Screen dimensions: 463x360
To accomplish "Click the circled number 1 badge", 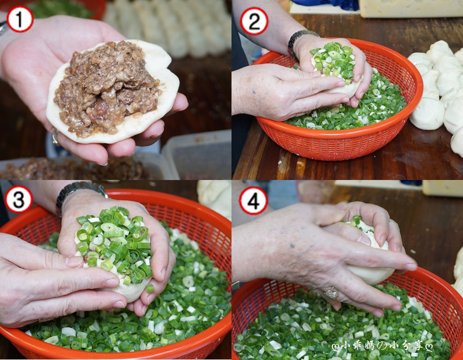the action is [x=20, y=19].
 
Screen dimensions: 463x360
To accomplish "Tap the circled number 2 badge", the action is [x=254, y=21].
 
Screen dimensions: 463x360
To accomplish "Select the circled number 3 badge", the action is [x=19, y=199].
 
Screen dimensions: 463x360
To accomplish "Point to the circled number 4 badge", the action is [x=253, y=201].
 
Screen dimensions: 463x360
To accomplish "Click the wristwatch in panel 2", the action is [x=301, y=41].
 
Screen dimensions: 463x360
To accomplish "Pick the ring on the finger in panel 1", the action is [x=56, y=138].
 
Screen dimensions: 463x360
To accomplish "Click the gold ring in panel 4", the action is [x=331, y=293].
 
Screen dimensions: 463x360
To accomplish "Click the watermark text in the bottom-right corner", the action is [x=383, y=345].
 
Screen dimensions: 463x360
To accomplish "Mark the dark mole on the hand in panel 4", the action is [x=292, y=246].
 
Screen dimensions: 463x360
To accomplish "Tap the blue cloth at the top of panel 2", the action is [x=324, y=4].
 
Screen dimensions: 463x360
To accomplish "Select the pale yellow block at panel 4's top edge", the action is [x=442, y=188].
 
